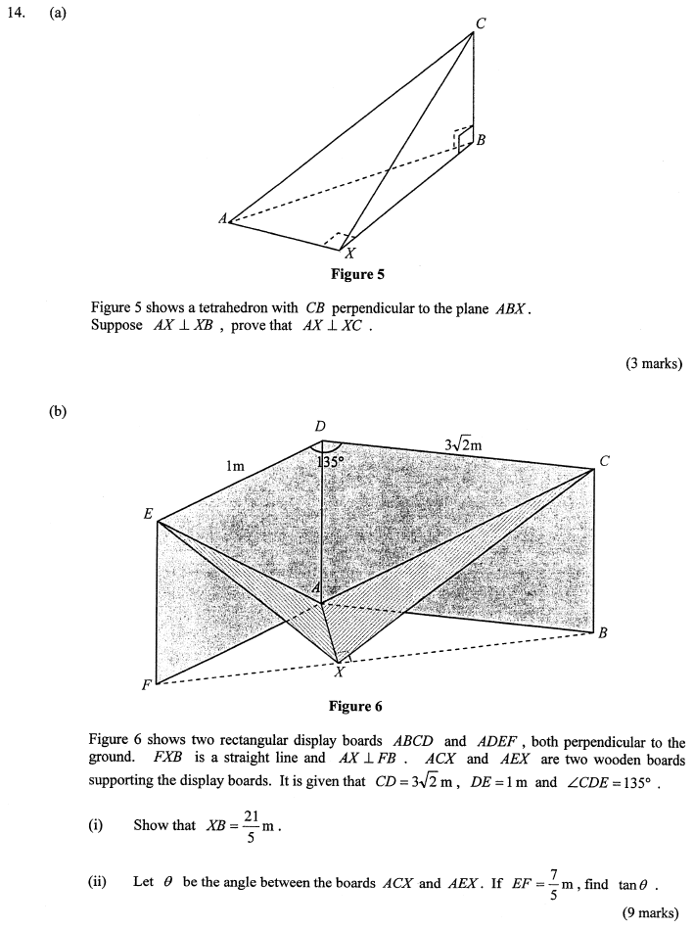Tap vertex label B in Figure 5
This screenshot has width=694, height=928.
481,141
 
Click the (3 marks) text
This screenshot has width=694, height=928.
653,364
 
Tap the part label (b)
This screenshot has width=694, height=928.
58,412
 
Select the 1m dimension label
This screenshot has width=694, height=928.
235,467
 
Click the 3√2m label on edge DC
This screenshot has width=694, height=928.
464,444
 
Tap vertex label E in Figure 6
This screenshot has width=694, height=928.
149,514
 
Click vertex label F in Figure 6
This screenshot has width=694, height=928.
147,685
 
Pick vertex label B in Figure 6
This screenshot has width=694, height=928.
603,633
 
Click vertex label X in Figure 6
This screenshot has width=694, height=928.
339,673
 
